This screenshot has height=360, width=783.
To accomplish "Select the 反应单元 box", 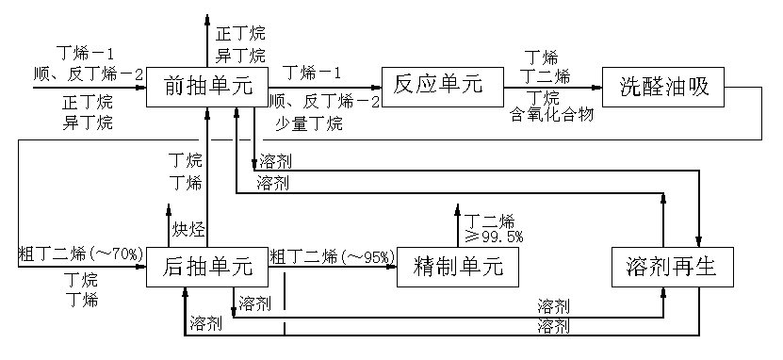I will (x=437, y=86).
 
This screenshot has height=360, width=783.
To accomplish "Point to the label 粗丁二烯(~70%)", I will (x=80, y=254).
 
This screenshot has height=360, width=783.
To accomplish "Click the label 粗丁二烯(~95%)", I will (x=331, y=254).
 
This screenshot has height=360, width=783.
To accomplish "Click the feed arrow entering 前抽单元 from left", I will (x=90, y=87).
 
